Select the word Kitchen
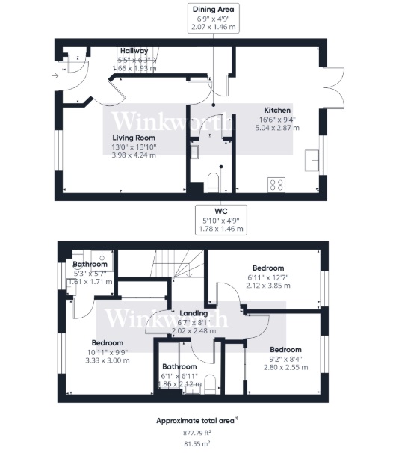coord(276,110)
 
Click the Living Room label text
coord(134,138)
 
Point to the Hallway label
coord(134,51)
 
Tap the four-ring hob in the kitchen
coord(276,182)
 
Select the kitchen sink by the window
coord(312,158)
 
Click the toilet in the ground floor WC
coord(213,181)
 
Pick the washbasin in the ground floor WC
coord(194,152)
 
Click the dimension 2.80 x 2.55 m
coord(285,367)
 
